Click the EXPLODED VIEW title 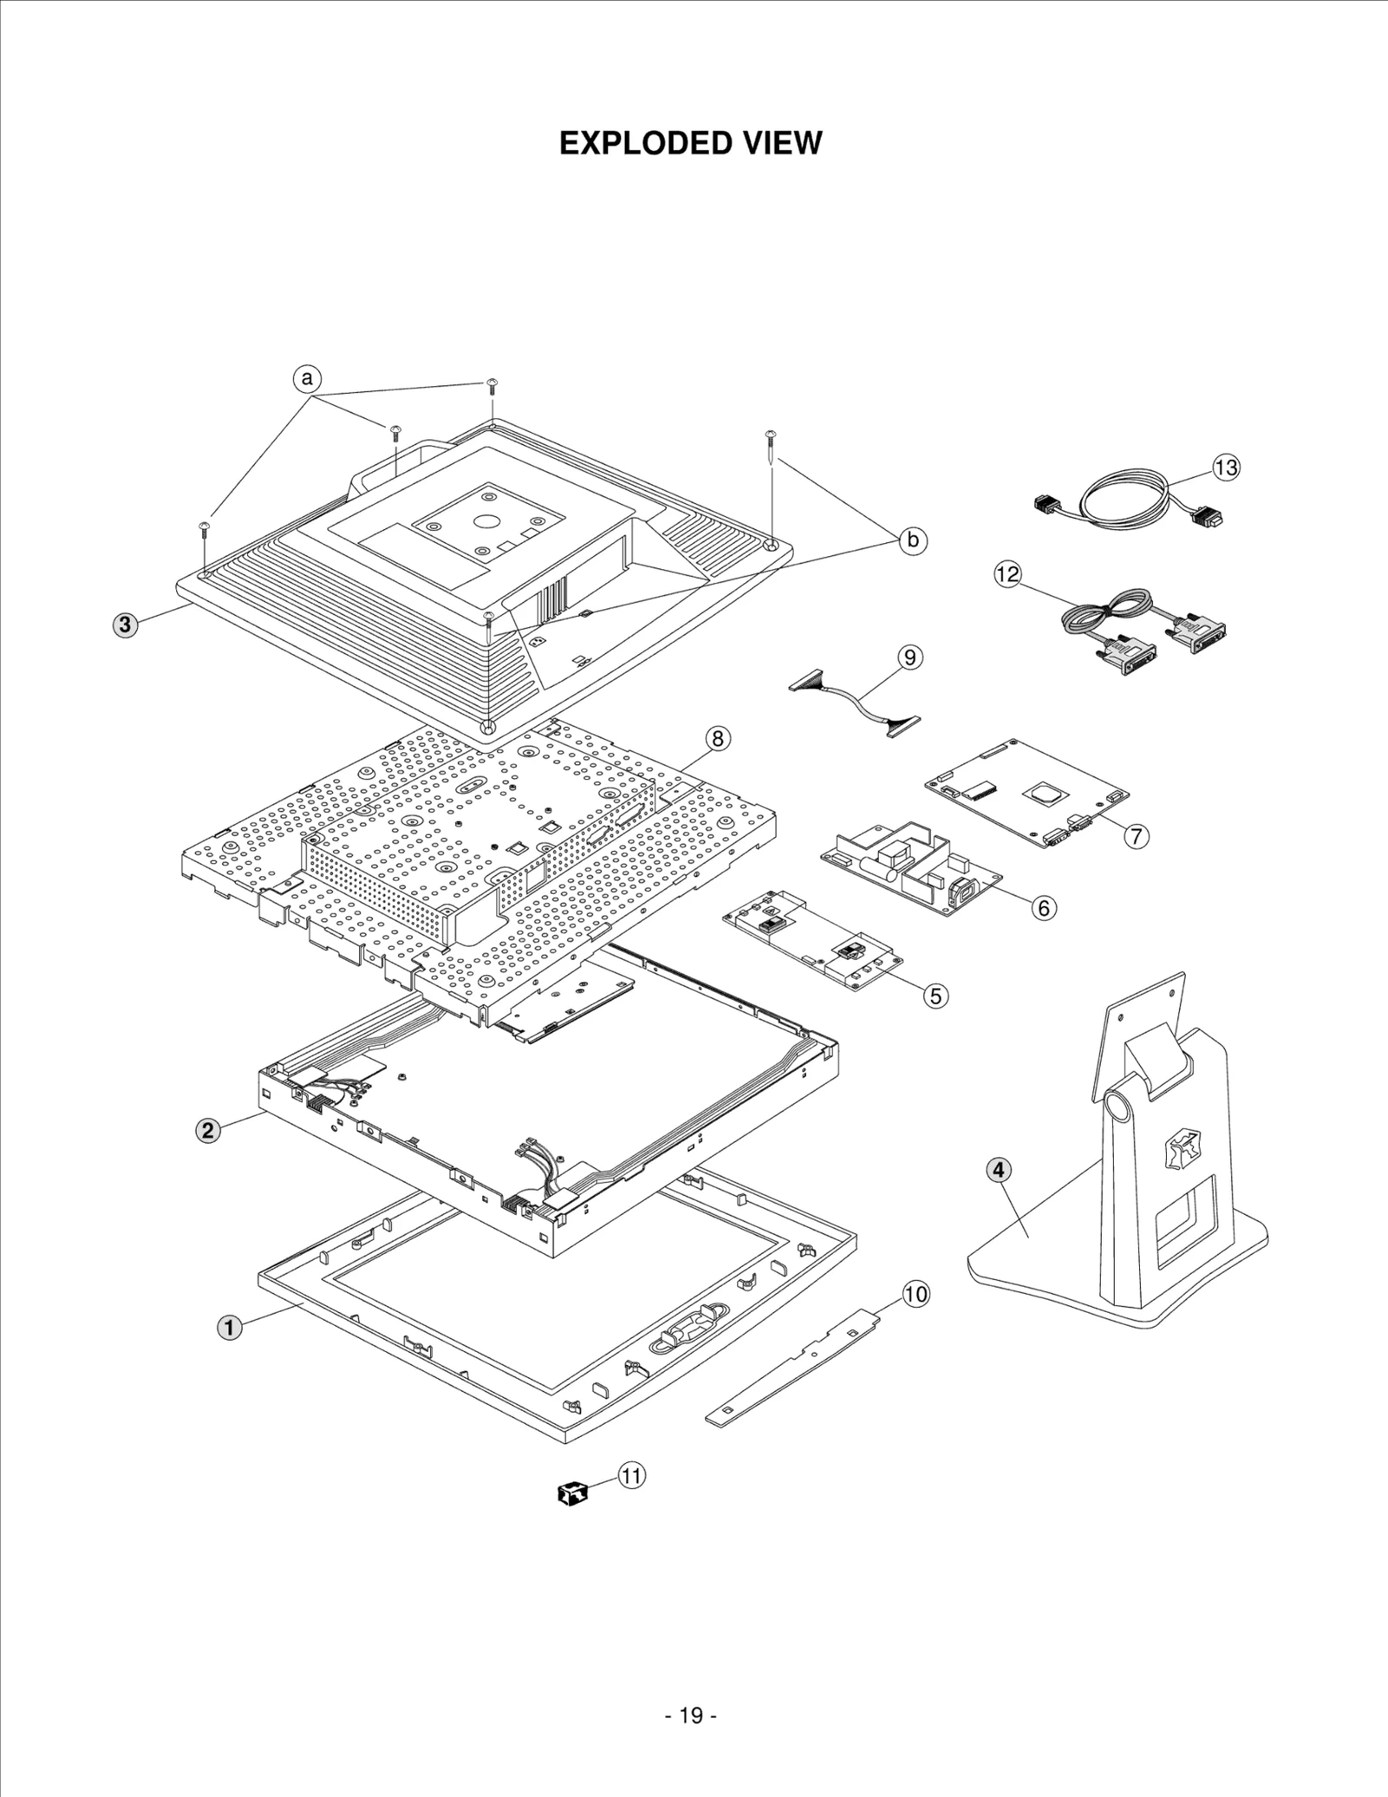(x=691, y=143)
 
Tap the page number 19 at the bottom (x=691, y=1715)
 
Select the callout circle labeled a (x=306, y=379)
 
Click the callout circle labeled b (x=912, y=540)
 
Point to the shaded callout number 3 (x=125, y=625)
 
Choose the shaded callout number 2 (x=207, y=1130)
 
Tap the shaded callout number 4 (x=998, y=1170)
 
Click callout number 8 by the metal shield (x=717, y=738)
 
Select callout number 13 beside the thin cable (x=1226, y=468)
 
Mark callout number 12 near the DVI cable (x=1008, y=574)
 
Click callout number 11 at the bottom (x=632, y=1475)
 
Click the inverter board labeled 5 (x=812, y=940)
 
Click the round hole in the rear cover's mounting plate (x=486, y=522)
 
